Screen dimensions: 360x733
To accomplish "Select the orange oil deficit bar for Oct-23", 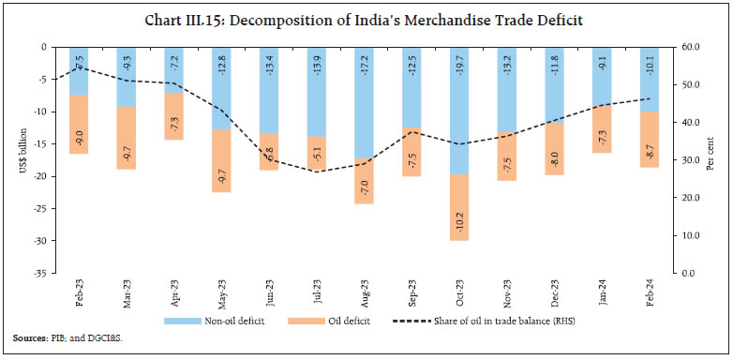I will click(x=459, y=207).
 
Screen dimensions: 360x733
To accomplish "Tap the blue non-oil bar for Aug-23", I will click(x=364, y=103).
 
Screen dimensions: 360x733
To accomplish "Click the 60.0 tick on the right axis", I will click(x=690, y=47).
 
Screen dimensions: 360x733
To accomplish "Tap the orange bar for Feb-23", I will click(x=78, y=124).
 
